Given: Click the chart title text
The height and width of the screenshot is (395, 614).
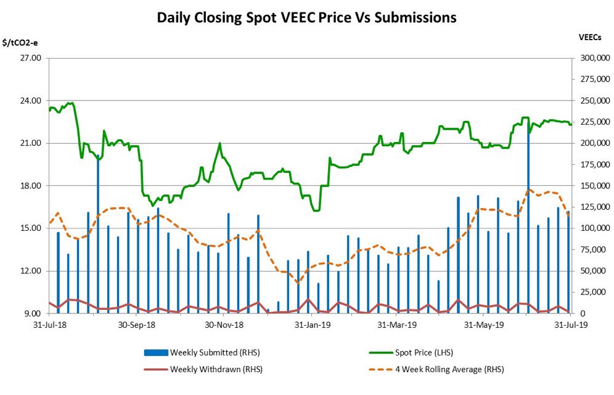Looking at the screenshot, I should [306, 17].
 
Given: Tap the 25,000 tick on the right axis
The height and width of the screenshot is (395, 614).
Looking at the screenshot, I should [595, 292].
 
